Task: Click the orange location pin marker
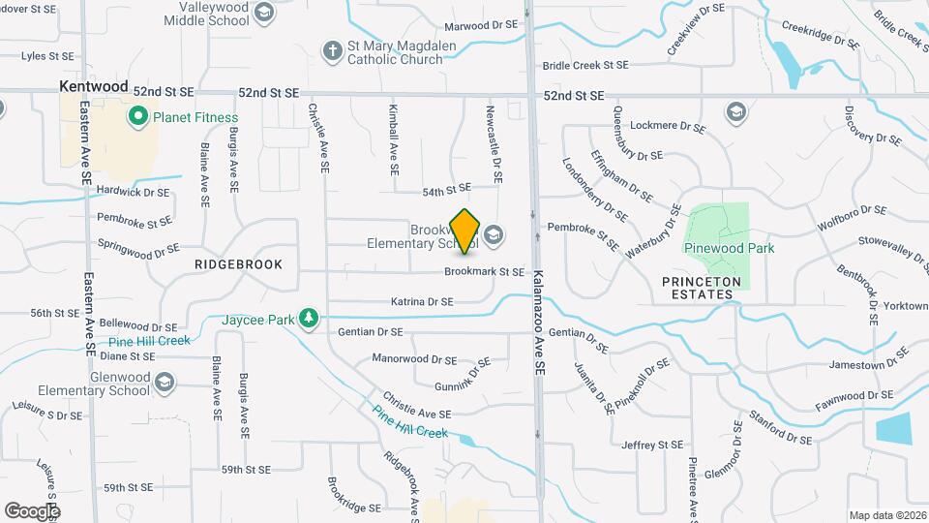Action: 465,231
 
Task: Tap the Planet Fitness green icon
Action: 137,118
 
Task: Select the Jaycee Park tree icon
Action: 309,319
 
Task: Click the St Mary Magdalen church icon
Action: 333,50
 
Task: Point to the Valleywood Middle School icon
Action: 264,13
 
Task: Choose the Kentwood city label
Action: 93,86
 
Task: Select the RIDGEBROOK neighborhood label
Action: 238,263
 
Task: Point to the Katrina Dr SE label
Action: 422,302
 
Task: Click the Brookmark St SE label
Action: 484,272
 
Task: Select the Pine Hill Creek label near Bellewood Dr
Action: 149,342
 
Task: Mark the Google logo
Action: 32,510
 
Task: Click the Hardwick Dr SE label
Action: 134,192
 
